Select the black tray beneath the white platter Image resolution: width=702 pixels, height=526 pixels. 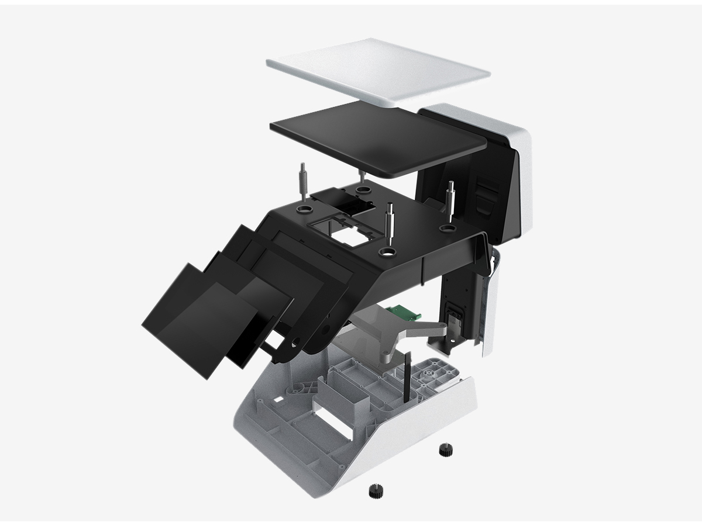pyautogui.click(x=377, y=137)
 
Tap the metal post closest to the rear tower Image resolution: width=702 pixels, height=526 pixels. pyautogui.click(x=451, y=199)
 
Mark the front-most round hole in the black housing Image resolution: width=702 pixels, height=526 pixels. pyautogui.click(x=388, y=252)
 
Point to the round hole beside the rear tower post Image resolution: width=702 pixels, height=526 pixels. pyautogui.click(x=448, y=228)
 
